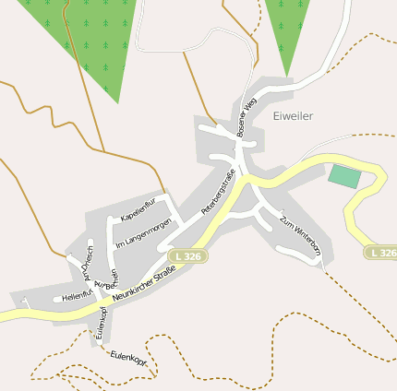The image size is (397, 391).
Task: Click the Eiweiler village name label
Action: point(294,116)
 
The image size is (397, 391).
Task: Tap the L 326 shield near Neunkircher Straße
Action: point(186,255)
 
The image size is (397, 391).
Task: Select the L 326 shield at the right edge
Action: point(380,252)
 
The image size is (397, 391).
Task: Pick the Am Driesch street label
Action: point(89,264)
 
